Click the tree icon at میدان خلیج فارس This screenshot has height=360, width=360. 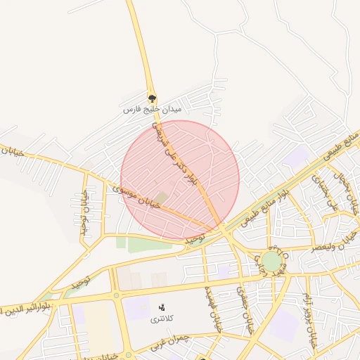(x=152, y=98)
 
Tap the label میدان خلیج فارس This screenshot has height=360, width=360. (x=152, y=110)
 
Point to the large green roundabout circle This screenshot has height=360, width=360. (x=271, y=262)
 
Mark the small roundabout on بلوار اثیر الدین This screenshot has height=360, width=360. (x=116, y=295)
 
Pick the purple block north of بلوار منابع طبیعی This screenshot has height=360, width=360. (x=299, y=156)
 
